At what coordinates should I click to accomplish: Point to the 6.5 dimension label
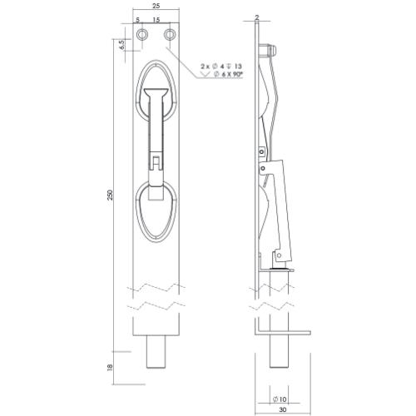[x=121, y=43]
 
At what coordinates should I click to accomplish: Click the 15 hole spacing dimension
[x=157, y=20]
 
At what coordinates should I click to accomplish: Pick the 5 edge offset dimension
[x=138, y=20]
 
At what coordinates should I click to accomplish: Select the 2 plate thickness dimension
[x=257, y=17]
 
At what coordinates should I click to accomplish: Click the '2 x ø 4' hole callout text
[x=218, y=65]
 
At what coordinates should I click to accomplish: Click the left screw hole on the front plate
[x=144, y=34]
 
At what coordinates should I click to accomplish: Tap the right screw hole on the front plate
[x=170, y=34]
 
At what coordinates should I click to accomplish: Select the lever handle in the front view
[x=156, y=125]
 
